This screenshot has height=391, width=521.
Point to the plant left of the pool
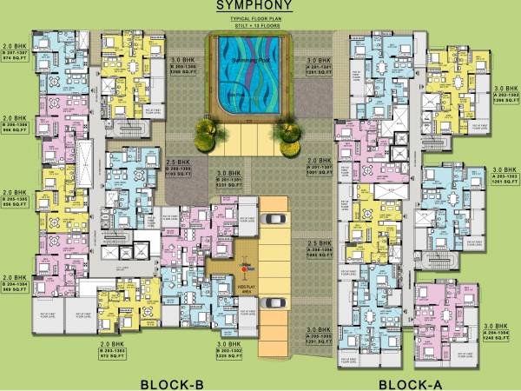[x=206, y=131]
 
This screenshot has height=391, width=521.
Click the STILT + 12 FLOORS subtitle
[x=254, y=23]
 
